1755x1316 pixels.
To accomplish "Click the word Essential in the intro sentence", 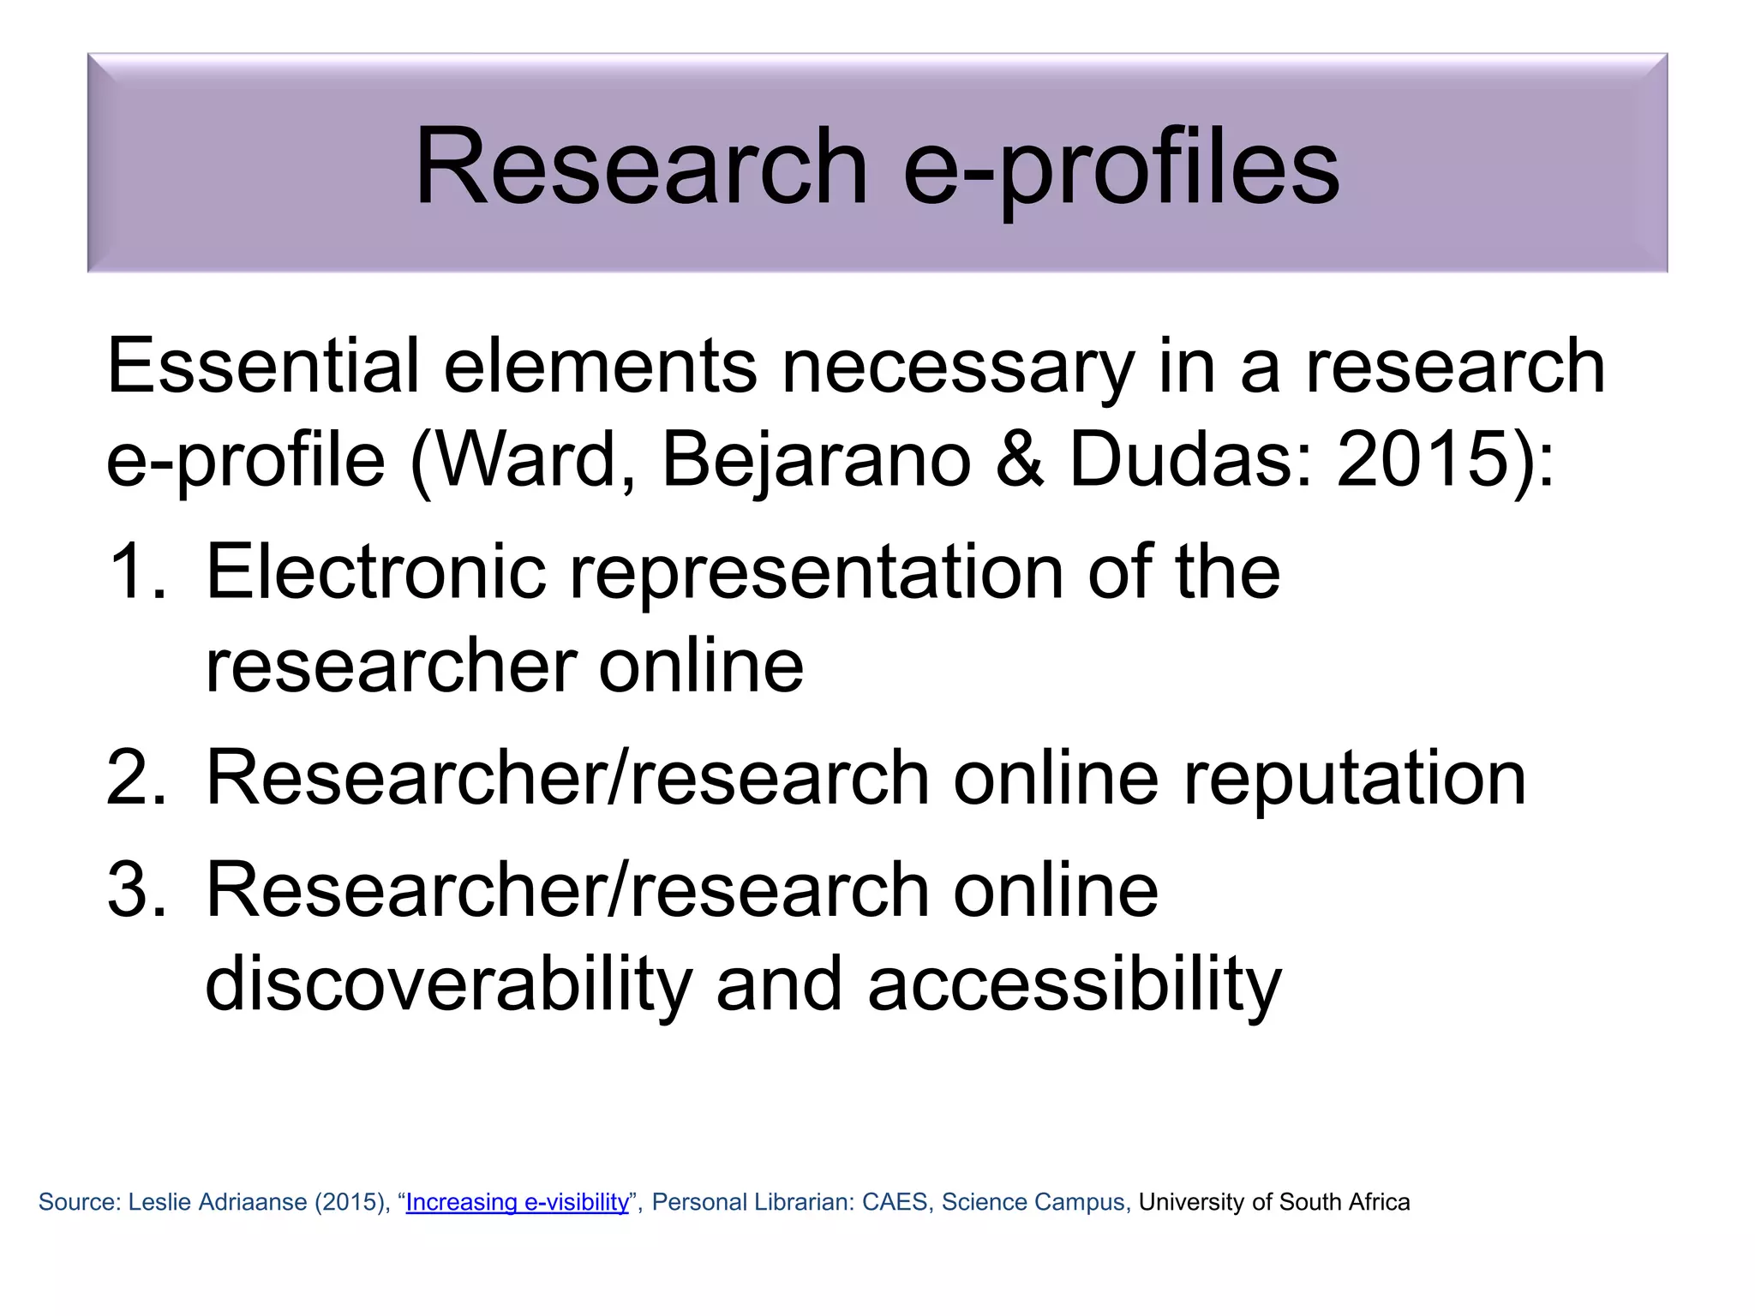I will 262,366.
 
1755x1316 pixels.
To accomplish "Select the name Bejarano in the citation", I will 816,459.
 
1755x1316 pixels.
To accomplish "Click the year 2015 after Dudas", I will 1422,459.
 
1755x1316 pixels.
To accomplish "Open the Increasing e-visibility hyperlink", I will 517,1202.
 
